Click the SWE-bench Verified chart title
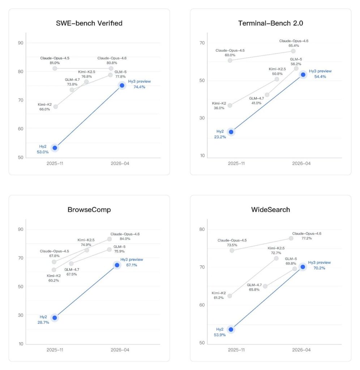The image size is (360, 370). [89, 23]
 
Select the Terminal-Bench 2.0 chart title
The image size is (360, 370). [271, 23]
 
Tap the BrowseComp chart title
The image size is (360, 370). [89, 210]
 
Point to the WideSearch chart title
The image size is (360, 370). [271, 210]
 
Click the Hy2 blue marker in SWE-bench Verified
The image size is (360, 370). [55, 148]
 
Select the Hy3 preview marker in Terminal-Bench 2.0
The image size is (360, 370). [303, 74]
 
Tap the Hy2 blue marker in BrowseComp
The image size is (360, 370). [55, 318]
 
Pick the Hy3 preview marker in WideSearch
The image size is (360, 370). [303, 267]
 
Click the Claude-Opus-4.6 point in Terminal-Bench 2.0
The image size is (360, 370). [293, 51]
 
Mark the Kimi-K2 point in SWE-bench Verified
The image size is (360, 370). [55, 107]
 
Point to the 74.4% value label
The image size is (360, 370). [139, 87]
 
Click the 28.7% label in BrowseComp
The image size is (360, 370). [43, 322]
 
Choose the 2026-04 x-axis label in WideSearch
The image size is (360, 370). [301, 350]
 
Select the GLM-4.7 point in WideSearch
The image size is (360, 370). [265, 286]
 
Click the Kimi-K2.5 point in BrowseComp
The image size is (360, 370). [87, 250]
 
